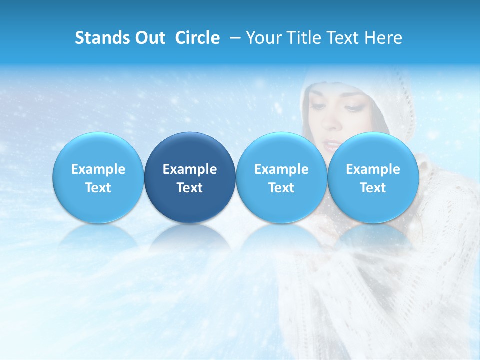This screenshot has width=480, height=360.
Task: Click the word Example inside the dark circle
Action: point(190,169)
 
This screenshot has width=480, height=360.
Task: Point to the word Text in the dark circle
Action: point(190,188)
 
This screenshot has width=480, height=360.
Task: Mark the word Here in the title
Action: point(384,38)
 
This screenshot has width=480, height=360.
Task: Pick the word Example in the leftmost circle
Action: point(98,169)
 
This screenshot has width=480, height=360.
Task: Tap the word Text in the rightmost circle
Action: point(373,188)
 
